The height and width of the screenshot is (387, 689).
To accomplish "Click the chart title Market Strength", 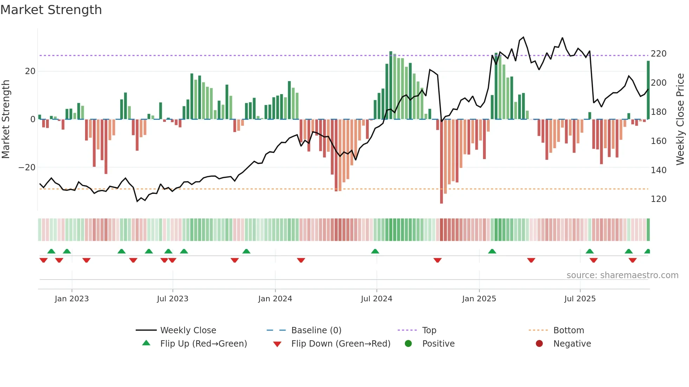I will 51,10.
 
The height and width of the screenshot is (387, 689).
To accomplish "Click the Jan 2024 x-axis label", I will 275,299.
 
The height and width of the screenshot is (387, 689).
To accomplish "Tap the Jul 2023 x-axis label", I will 173,299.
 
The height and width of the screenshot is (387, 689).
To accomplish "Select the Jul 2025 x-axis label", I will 580,299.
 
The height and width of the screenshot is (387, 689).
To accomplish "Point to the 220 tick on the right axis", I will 658,54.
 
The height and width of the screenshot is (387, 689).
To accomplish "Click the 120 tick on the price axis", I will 658,199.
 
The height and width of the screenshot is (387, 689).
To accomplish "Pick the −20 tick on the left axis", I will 27,168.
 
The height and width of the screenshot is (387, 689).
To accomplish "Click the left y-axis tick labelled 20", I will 30,71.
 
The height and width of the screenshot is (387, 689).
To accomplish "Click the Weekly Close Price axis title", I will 680,119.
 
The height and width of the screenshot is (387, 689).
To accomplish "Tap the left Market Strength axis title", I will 6,119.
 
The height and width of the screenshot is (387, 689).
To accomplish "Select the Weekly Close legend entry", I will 188,330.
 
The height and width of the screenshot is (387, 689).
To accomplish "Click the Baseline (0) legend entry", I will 316,330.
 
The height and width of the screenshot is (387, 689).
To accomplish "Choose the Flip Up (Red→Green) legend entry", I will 203,344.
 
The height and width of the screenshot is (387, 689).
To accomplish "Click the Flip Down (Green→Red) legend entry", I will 340,344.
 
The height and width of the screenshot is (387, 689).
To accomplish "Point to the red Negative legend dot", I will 539,344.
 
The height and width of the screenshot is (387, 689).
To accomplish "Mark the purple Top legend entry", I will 429,330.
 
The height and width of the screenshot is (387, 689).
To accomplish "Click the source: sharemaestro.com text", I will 622,275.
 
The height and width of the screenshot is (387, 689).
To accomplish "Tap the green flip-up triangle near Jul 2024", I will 375,251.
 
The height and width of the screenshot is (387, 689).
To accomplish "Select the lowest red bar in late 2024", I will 442,162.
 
